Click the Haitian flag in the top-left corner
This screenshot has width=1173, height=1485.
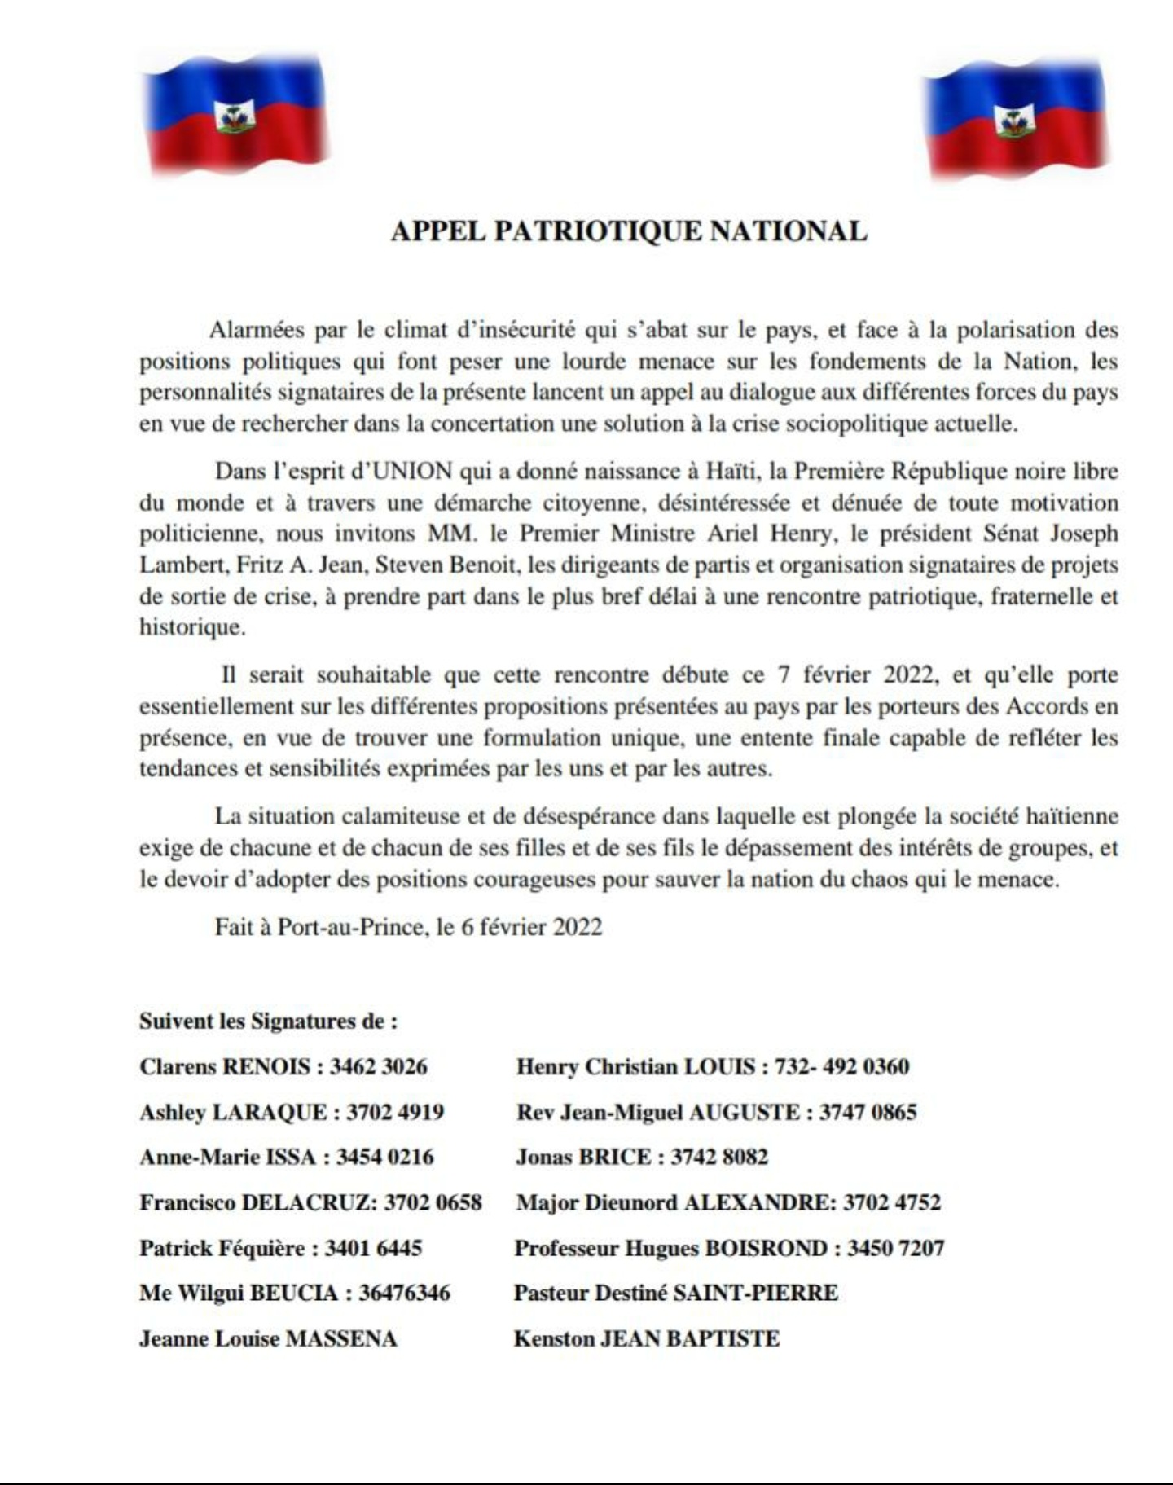tap(235, 115)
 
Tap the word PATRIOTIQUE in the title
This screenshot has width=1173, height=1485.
tap(597, 231)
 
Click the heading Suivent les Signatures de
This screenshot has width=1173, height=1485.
tap(268, 1021)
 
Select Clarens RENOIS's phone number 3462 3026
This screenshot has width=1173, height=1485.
tap(378, 1066)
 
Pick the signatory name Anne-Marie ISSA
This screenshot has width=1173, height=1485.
tap(227, 1157)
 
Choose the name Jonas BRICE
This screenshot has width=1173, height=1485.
tap(582, 1157)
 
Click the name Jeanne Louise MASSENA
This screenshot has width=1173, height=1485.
tap(268, 1338)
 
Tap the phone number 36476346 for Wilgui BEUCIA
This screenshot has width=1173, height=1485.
tap(404, 1293)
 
